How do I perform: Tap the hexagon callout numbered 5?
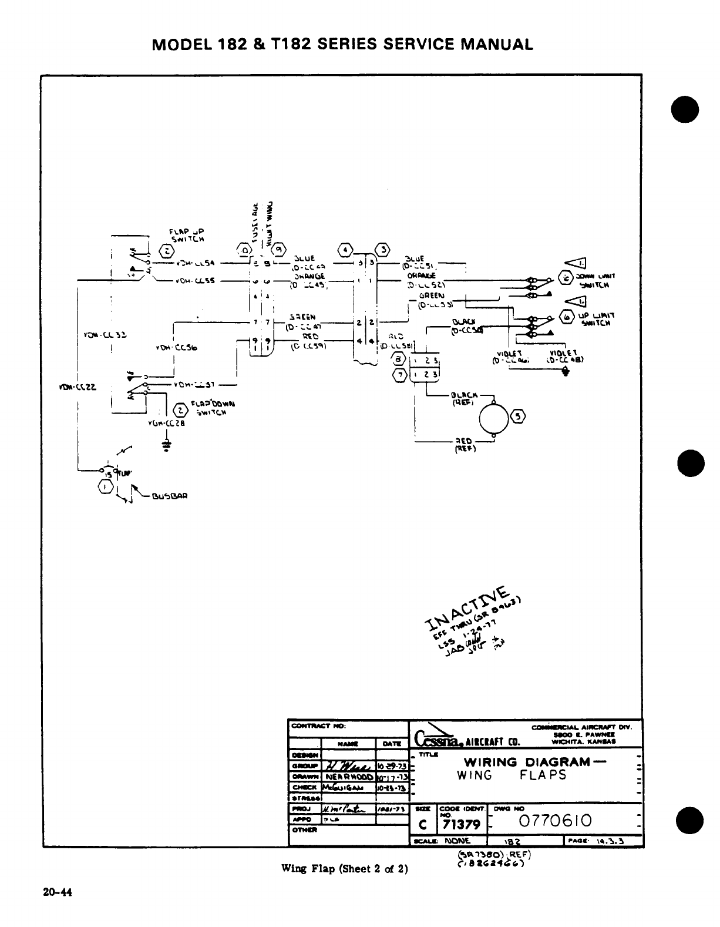pyautogui.click(x=519, y=416)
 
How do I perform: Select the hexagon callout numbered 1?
pyautogui.click(x=105, y=486)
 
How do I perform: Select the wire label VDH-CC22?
pyautogui.click(x=75, y=387)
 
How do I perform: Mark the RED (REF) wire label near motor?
pyautogui.click(x=465, y=446)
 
